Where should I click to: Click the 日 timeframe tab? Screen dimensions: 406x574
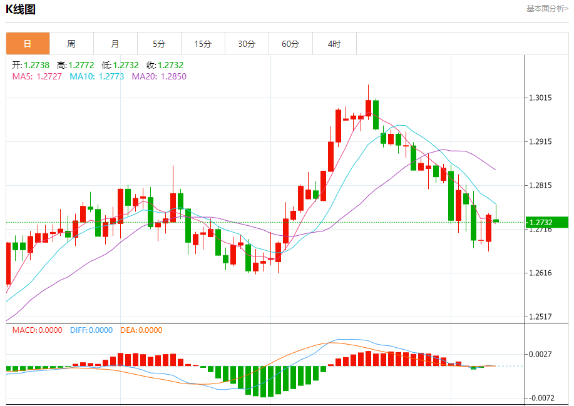pos(28,44)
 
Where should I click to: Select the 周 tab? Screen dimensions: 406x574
pos(71,44)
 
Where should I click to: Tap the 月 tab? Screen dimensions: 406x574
pos(115,44)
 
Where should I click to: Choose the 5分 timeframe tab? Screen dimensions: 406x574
pos(159,44)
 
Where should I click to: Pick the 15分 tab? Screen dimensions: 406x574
pos(203,44)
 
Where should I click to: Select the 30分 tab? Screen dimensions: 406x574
pos(247,44)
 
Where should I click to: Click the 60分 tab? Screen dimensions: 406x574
pos(290,44)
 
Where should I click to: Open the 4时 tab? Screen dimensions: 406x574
pos(334,44)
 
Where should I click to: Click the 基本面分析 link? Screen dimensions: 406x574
pos(547,9)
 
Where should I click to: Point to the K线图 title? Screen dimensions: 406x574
pos(21,9)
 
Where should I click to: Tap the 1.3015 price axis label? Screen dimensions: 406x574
pos(540,98)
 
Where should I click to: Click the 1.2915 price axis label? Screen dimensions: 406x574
pos(540,142)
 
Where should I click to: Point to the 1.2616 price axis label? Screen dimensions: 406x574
pos(540,273)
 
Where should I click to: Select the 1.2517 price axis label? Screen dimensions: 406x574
pos(540,317)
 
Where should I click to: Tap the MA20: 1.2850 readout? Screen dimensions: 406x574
pos(159,76)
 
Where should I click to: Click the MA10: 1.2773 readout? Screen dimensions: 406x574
pos(97,76)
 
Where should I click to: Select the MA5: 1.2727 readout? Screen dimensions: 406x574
pos(37,76)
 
